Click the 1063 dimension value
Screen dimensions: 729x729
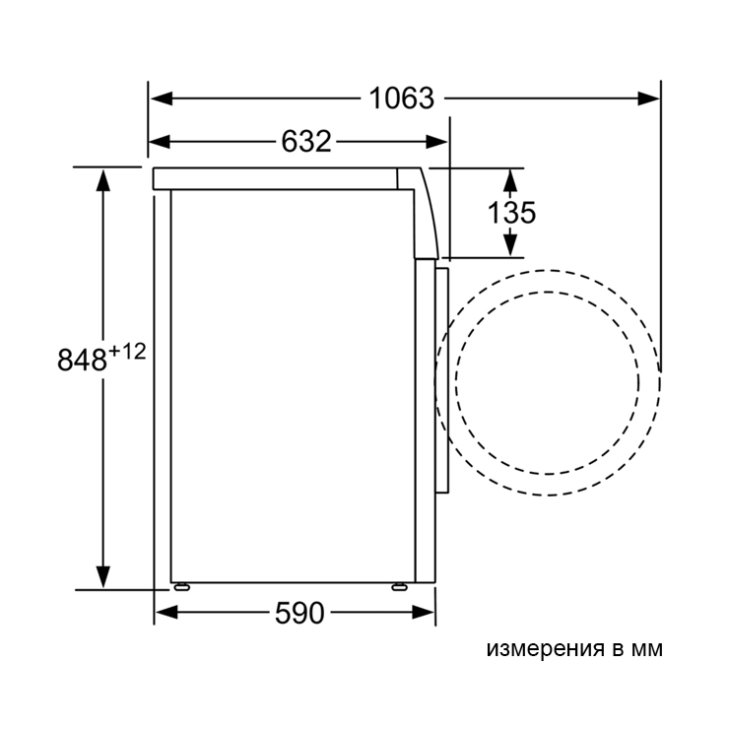click(402, 99)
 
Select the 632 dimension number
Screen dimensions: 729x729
click(306, 141)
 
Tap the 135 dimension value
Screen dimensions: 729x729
click(511, 213)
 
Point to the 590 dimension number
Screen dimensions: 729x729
click(299, 613)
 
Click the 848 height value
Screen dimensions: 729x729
click(83, 360)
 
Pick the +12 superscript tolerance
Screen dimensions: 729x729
click(127, 352)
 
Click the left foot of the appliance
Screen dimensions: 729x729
click(181, 587)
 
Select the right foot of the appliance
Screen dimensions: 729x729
click(399, 587)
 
